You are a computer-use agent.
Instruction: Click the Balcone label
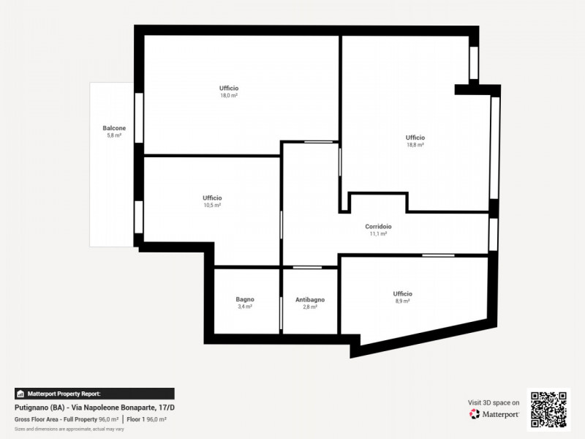pyautogui.click(x=114, y=128)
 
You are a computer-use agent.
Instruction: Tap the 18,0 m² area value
pyautogui.click(x=229, y=96)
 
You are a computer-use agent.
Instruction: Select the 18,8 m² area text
pyautogui.click(x=415, y=145)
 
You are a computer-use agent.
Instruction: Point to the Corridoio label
pyautogui.click(x=378, y=227)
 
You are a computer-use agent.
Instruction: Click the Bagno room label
pyautogui.click(x=245, y=299)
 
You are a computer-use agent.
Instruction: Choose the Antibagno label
pyautogui.click(x=310, y=300)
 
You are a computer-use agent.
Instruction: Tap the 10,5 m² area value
pyautogui.click(x=212, y=206)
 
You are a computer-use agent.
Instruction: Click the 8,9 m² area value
pyautogui.click(x=403, y=301)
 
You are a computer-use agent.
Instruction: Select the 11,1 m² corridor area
pyautogui.click(x=378, y=234)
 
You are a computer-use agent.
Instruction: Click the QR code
pyautogui.click(x=549, y=410)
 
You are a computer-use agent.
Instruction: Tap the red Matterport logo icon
pyautogui.click(x=474, y=414)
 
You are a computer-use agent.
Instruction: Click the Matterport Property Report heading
pyautogui.click(x=64, y=394)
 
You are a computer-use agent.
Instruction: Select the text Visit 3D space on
pyautogui.click(x=494, y=402)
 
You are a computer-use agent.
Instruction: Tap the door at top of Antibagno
pyautogui.click(x=307, y=267)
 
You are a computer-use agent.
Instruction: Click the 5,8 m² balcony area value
pyautogui.click(x=114, y=135)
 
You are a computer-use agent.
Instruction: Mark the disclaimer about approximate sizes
pyautogui.click(x=69, y=429)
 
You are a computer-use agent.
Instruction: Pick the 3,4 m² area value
pyautogui.click(x=245, y=307)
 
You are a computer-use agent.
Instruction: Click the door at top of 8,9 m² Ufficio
pyautogui.click(x=438, y=255)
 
